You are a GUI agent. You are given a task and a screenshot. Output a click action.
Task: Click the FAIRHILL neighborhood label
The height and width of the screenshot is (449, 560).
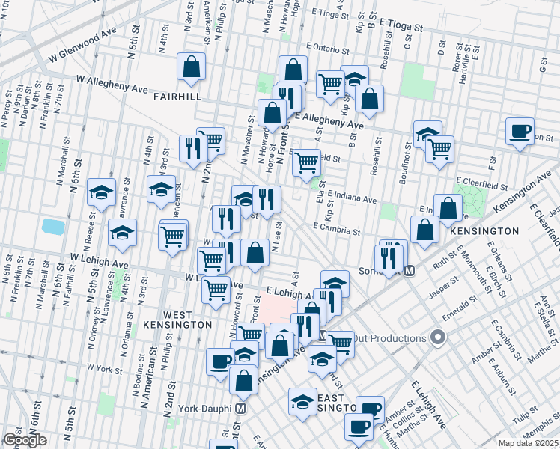(x=175, y=97)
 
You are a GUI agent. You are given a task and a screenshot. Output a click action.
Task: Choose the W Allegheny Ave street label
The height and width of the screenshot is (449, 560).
(x=111, y=84)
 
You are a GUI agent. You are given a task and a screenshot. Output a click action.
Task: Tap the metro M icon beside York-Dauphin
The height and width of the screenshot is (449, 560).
(x=241, y=409)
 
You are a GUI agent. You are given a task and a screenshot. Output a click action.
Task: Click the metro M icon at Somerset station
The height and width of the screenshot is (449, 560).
(x=409, y=270)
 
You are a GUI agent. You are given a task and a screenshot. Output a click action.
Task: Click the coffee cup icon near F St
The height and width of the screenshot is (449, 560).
(x=519, y=132)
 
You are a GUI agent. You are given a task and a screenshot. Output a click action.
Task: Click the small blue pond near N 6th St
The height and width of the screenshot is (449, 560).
(x=53, y=226)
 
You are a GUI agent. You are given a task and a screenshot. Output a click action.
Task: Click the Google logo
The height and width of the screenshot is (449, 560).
(x=25, y=440)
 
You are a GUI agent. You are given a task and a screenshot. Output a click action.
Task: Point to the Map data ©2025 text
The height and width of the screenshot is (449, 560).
(x=527, y=442)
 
